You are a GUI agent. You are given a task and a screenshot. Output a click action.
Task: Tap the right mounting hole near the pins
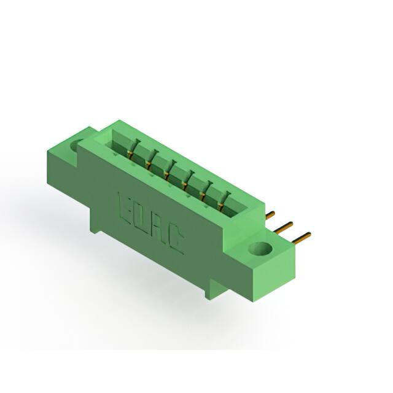click(x=261, y=249)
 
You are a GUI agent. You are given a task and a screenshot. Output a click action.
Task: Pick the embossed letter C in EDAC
click(x=174, y=240)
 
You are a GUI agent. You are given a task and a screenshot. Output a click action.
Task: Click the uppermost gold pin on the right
click(x=270, y=215)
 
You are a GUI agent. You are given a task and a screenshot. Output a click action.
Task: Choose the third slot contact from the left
click(x=168, y=171)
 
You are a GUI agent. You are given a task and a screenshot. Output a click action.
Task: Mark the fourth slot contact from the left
click(x=185, y=182)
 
